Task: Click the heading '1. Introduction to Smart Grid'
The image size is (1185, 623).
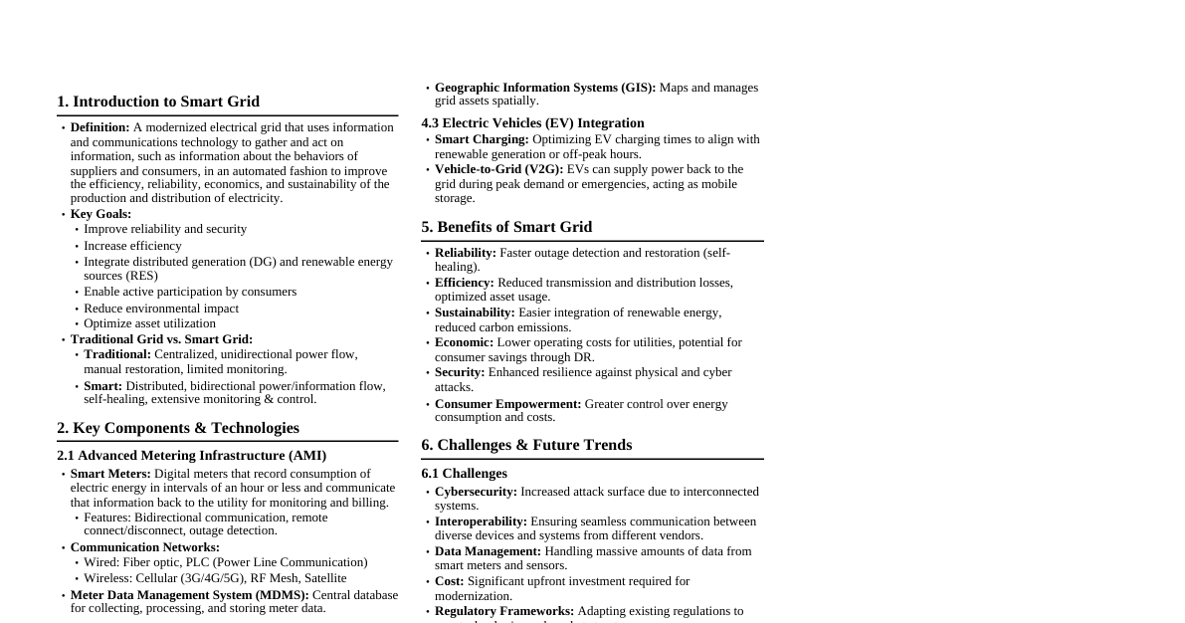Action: [x=158, y=102]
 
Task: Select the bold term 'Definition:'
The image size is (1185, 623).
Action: [x=99, y=127]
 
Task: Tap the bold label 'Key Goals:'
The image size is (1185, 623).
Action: [x=100, y=214]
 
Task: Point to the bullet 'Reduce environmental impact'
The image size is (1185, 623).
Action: [x=161, y=309]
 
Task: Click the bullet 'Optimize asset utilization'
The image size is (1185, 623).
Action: [x=149, y=323]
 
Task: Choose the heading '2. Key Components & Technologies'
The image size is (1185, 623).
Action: [x=178, y=428]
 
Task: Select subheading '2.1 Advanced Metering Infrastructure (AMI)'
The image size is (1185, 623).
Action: [x=191, y=456]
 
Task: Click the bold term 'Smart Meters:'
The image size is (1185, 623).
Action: [x=110, y=474]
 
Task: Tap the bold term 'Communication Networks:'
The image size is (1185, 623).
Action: [x=145, y=547]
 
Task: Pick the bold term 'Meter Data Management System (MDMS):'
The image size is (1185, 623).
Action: [x=190, y=595]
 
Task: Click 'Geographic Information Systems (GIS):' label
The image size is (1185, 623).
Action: [x=545, y=88]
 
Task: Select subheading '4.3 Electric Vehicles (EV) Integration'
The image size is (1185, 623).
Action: [x=532, y=123]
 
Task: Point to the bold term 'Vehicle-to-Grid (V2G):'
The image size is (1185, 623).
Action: [x=498, y=169]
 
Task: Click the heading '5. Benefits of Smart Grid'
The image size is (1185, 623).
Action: [x=506, y=227]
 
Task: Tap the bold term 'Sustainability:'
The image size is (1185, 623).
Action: [x=475, y=312]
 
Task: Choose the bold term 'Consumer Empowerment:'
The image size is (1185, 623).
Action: [x=507, y=404]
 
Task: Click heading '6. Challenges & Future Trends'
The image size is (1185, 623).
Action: [x=526, y=445]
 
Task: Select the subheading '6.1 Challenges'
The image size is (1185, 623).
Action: [x=464, y=474]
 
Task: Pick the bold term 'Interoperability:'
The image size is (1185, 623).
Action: [x=481, y=521]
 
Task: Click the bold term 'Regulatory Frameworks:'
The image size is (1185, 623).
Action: [x=504, y=611]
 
